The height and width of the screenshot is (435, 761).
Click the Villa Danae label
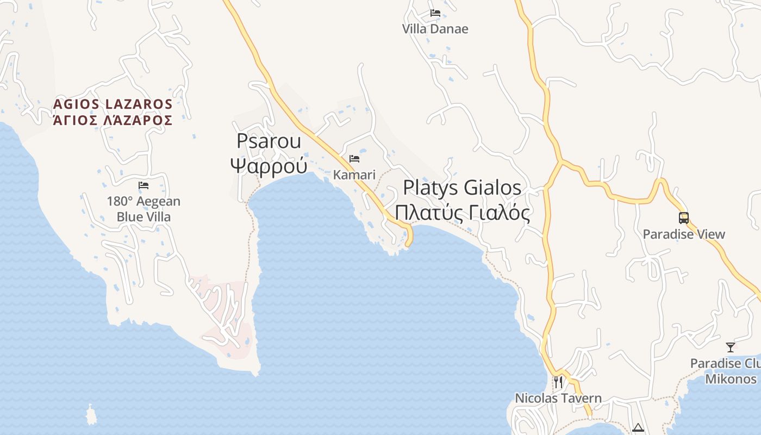(435, 29)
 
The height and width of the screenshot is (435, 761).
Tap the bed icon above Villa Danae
(435, 13)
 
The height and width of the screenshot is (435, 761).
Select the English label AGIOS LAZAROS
(113, 104)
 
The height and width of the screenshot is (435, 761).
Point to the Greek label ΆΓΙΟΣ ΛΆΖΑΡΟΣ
(113, 120)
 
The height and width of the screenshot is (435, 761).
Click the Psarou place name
(269, 141)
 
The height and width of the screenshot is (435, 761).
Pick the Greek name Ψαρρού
(269, 165)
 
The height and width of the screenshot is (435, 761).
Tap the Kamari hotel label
(354, 175)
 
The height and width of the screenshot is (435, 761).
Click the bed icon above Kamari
(354, 159)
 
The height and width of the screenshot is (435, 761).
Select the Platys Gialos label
(462, 188)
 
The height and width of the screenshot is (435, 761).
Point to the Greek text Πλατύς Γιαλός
(462, 213)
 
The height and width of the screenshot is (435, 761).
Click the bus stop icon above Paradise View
(684, 218)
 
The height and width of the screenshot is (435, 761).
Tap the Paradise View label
(684, 234)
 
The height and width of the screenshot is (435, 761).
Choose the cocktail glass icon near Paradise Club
(731, 347)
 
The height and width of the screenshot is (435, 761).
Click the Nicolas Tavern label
(558, 398)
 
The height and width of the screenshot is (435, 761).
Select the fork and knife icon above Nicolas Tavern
(558, 382)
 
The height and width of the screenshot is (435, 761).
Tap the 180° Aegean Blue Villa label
(144, 209)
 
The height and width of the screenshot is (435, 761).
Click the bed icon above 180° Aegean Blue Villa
(144, 185)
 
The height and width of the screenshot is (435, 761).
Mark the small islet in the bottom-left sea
(91, 415)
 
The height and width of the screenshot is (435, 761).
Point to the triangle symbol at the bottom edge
(638, 428)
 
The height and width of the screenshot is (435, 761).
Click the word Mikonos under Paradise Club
(731, 379)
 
